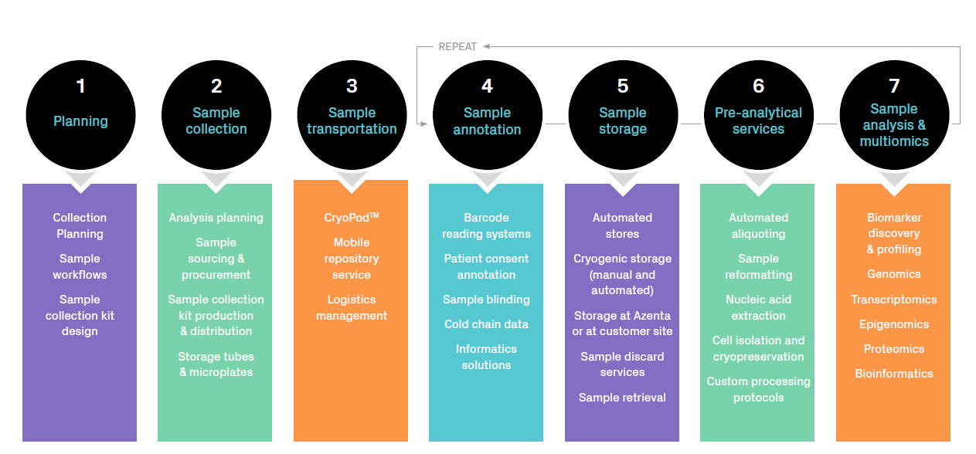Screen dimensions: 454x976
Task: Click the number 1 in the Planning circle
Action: coord(80,86)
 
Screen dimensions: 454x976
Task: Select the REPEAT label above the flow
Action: coord(457,47)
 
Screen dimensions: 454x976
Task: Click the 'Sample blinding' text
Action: coord(486,300)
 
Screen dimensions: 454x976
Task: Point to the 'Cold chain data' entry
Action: coord(486,324)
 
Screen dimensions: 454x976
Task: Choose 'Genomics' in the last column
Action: coord(893,274)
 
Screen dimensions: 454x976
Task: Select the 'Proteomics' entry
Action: coord(893,349)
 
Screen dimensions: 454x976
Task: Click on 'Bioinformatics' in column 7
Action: coord(893,374)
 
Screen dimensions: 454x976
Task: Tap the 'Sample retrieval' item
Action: coord(622,398)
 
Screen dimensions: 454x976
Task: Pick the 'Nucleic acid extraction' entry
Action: coord(758,307)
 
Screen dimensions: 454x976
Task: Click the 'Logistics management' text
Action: coord(352,307)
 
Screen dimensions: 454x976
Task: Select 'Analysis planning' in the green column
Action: coord(216,218)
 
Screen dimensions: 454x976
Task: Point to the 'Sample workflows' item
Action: coord(80,266)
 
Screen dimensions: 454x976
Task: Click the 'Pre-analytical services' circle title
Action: coord(758,121)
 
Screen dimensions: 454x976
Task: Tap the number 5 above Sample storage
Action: coord(623,86)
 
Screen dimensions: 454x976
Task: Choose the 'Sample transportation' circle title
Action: coord(352,121)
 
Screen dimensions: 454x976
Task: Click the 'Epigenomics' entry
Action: coord(893,324)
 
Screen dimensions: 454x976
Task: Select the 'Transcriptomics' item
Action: coord(893,300)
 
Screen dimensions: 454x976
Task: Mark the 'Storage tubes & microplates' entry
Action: coord(216,364)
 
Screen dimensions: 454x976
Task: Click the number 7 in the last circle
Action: coord(894,85)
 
